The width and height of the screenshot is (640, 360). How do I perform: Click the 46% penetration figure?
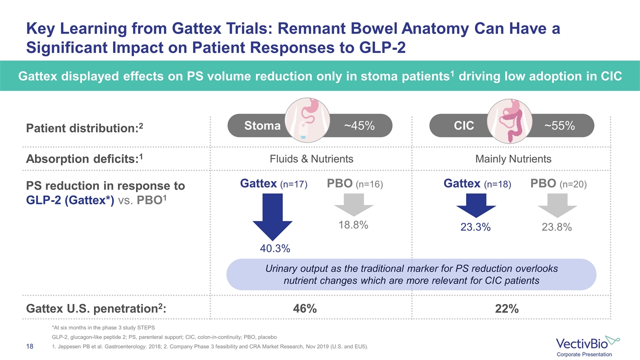[306, 309]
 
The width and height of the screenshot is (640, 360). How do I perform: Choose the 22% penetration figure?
[506, 309]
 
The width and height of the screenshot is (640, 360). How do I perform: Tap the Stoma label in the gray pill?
[262, 125]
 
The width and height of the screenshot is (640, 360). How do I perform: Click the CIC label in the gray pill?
[463, 125]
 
